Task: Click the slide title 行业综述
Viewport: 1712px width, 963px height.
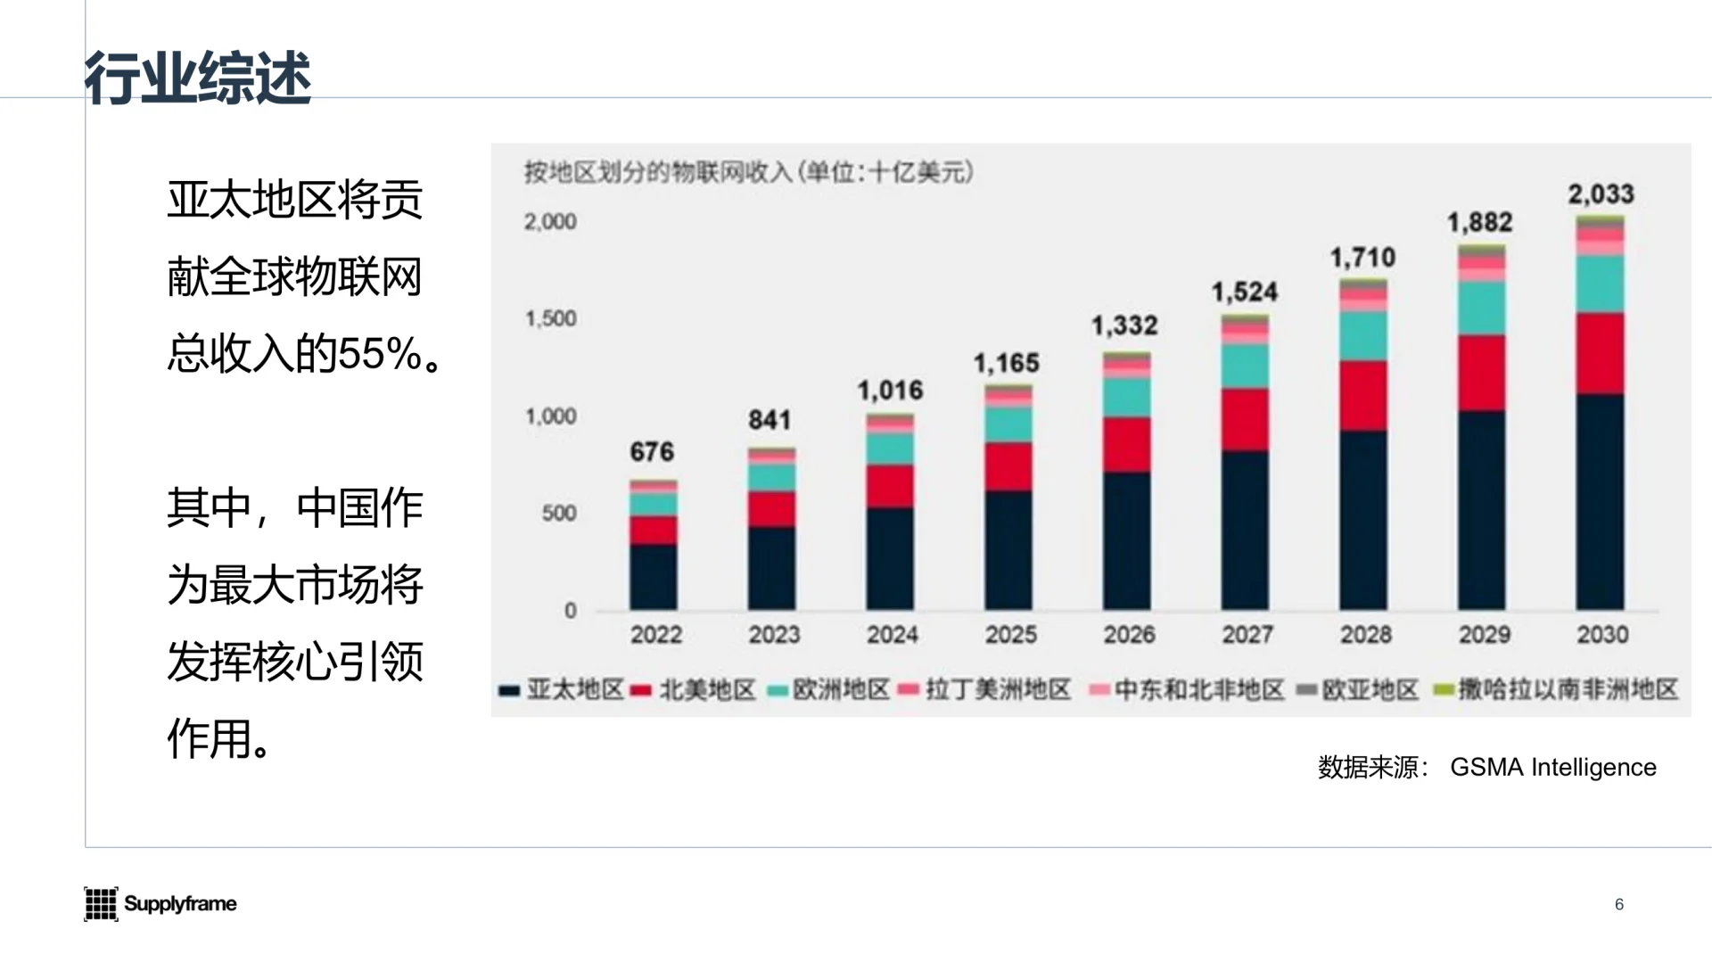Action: pyautogui.click(x=198, y=78)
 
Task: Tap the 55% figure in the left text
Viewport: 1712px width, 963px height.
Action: pyautogui.click(x=380, y=354)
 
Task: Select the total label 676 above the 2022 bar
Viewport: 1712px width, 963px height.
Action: pyautogui.click(x=652, y=452)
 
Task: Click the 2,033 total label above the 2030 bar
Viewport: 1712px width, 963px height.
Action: pyautogui.click(x=1601, y=194)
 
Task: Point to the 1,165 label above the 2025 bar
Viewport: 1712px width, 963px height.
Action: pyautogui.click(x=1006, y=364)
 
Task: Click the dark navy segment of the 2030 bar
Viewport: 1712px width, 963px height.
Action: pyautogui.click(x=1600, y=504)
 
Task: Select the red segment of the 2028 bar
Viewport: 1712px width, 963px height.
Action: pyautogui.click(x=1362, y=396)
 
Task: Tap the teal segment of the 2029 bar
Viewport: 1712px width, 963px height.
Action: pyautogui.click(x=1481, y=309)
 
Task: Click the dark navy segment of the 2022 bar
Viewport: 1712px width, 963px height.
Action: pyautogui.click(x=653, y=578)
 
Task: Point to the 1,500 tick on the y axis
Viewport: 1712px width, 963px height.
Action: pyautogui.click(x=551, y=319)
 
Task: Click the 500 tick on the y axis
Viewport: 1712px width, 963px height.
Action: pyautogui.click(x=559, y=514)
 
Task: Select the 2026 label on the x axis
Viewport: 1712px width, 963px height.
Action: pyautogui.click(x=1129, y=635)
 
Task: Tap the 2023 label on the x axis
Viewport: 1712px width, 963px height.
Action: pyautogui.click(x=774, y=635)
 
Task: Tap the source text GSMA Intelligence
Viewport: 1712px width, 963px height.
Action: pyautogui.click(x=1552, y=767)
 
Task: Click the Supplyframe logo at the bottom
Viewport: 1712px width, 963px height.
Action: pyautogui.click(x=160, y=903)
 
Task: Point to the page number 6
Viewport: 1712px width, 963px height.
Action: pyautogui.click(x=1619, y=904)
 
